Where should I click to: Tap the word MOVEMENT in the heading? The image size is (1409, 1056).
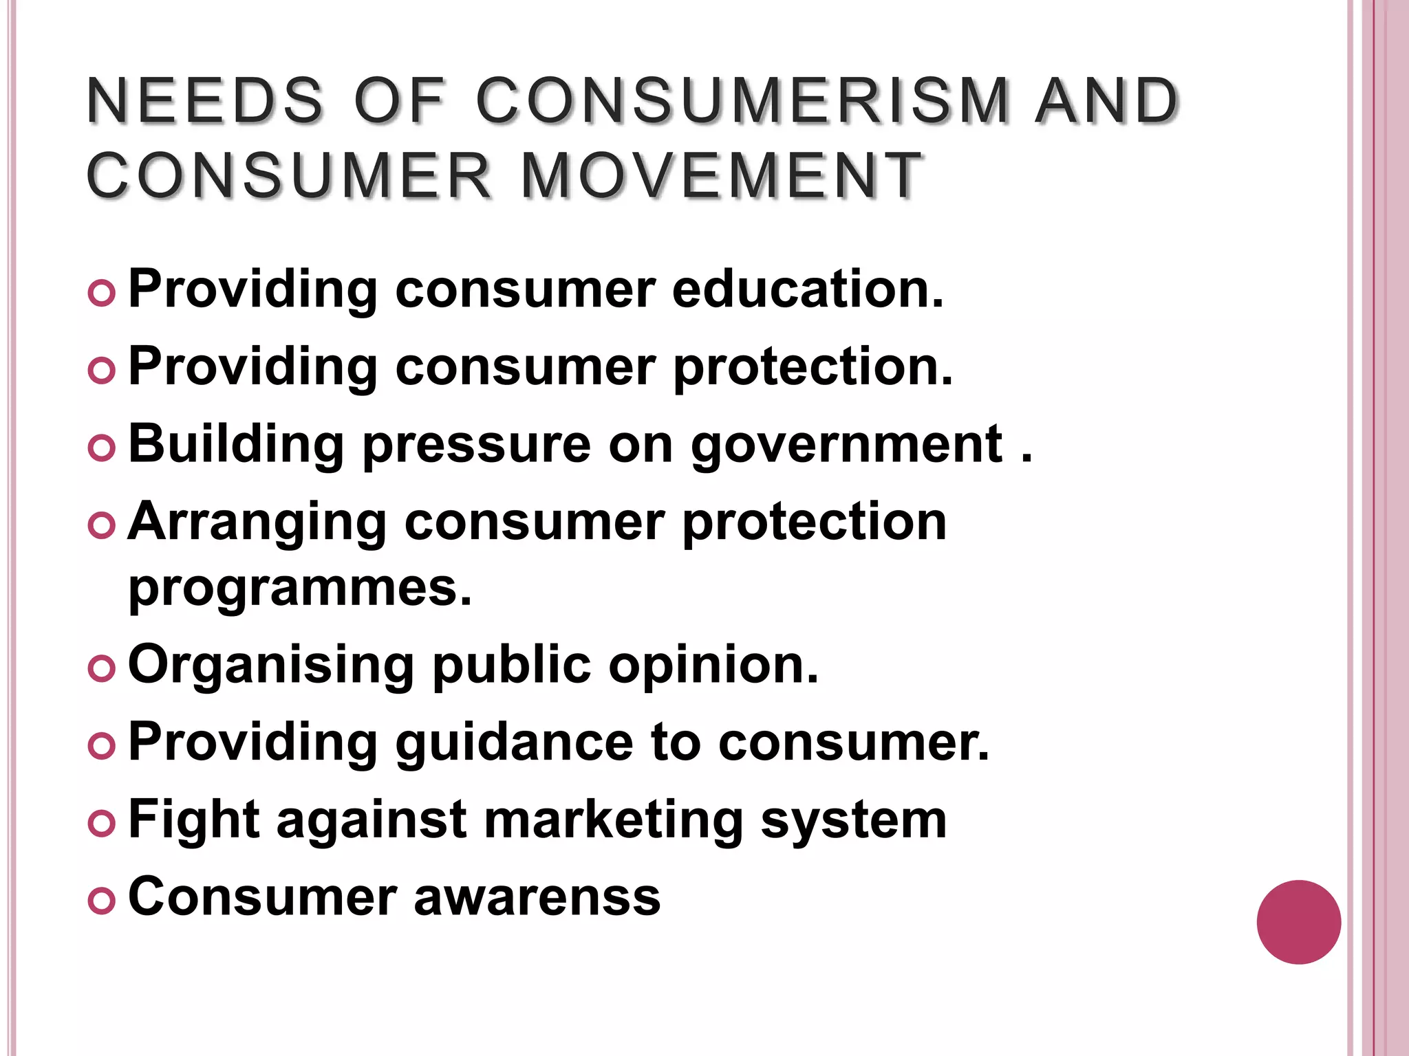[721, 176]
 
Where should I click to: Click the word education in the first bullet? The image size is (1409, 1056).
[808, 289]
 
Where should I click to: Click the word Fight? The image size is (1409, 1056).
[193, 821]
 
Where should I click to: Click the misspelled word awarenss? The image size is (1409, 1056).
[537, 898]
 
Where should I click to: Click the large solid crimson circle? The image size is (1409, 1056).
[1298, 922]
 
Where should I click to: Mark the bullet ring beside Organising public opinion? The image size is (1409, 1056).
[102, 669]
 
